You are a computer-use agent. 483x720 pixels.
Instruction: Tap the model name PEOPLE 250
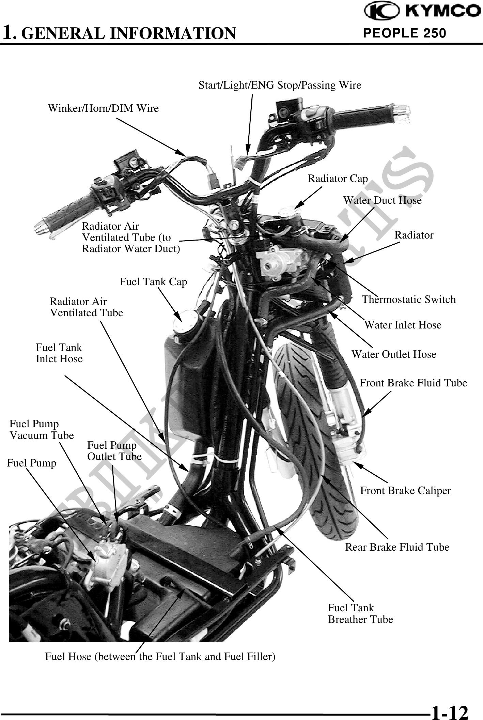click(x=405, y=33)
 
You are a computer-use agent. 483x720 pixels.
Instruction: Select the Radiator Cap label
click(x=338, y=179)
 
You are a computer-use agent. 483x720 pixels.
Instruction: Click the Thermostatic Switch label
click(x=408, y=300)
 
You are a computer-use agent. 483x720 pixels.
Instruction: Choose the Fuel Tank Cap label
click(x=153, y=282)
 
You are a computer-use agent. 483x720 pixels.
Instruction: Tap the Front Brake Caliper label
click(x=405, y=491)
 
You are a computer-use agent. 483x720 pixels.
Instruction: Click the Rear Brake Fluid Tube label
click(x=397, y=547)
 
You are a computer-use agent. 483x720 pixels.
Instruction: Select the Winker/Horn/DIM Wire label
click(x=103, y=108)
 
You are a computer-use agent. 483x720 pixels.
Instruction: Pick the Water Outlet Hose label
click(x=394, y=354)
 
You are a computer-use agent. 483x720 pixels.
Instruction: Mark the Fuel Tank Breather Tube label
click(x=360, y=613)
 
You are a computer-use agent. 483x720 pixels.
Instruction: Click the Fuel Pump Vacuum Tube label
click(x=41, y=430)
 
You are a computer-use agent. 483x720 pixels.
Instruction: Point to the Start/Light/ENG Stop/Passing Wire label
click(x=280, y=85)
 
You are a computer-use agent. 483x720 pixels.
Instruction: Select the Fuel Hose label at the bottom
click(x=160, y=656)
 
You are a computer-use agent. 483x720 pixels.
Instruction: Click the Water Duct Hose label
click(x=382, y=200)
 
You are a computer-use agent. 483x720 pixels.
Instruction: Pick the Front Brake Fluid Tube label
click(x=413, y=383)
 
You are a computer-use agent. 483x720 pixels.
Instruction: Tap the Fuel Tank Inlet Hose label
click(x=59, y=353)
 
